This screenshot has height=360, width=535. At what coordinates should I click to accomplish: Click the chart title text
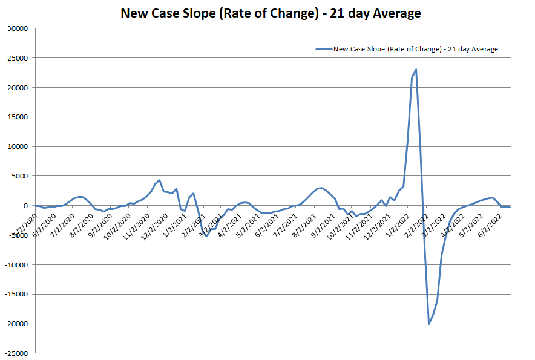[x=271, y=12]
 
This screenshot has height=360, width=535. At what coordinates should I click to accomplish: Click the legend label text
[x=416, y=49]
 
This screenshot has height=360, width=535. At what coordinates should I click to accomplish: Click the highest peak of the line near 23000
[x=416, y=70]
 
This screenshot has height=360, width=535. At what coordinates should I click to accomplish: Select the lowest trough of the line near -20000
[x=429, y=324]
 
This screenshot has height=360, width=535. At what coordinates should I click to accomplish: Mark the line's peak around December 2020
[x=159, y=180]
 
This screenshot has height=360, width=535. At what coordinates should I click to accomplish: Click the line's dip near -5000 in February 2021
[x=207, y=235]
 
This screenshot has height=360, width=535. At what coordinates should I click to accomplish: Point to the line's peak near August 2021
[x=321, y=188]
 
